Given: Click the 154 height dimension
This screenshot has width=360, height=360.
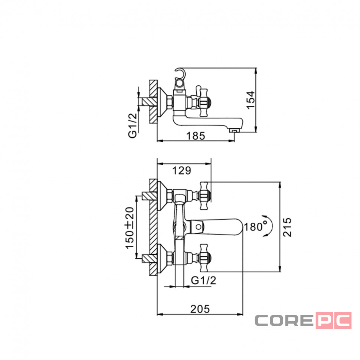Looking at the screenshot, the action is [x=251, y=100].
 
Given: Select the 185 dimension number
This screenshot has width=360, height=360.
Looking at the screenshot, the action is [x=195, y=136].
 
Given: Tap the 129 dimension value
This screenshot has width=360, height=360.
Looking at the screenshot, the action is [x=181, y=171].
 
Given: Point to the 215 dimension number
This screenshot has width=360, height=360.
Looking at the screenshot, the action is [x=287, y=227].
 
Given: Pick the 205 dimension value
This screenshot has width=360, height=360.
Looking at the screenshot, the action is [x=200, y=309].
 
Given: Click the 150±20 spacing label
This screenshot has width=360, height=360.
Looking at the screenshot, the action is [x=130, y=228].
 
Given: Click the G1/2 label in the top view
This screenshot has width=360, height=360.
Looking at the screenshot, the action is [x=132, y=125].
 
